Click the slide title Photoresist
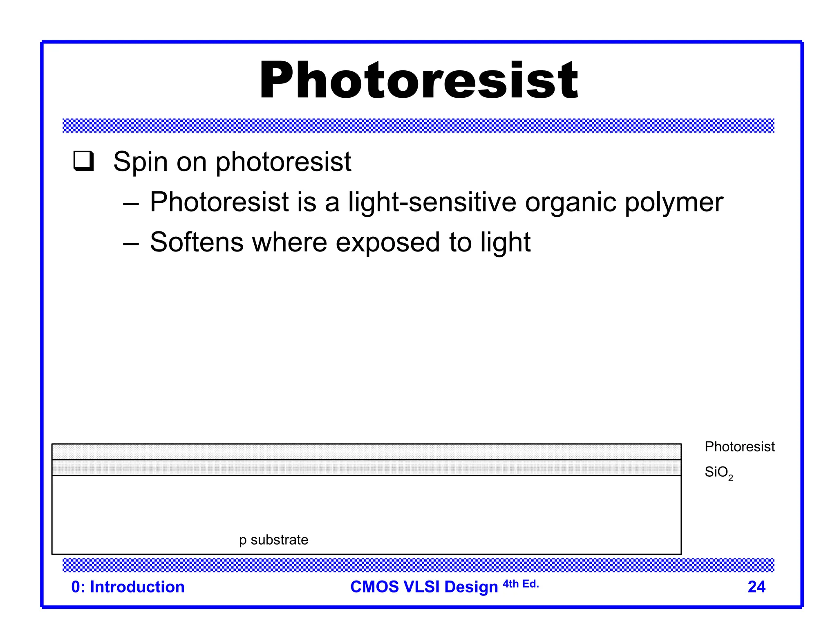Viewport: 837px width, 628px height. click(418, 80)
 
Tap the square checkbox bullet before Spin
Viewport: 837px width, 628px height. click(84, 161)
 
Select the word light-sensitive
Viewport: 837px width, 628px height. click(432, 202)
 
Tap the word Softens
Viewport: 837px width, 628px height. click(197, 242)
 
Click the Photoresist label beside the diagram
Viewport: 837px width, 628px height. click(739, 447)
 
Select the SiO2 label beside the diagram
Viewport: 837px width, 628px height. click(718, 473)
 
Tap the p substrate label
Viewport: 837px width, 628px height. click(273, 540)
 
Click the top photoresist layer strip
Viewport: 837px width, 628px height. click(366, 452)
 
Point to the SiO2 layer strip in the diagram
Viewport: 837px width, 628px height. click(366, 468)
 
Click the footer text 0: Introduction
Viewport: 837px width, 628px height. click(128, 587)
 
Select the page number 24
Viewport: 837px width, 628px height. click(756, 587)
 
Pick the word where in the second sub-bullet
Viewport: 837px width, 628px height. click(289, 242)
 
